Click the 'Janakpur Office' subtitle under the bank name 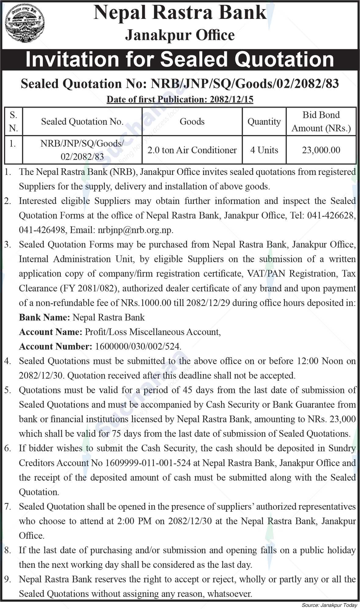pos(180,35)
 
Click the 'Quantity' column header pos(264,122)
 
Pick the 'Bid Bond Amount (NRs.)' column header pos(321,122)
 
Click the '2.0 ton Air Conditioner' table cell pos(192,150)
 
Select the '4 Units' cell pos(264,150)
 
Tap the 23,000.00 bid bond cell pos(321,150)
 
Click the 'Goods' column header pos(192,122)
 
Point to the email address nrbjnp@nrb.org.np pos(135,230)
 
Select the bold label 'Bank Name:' pos(45,317)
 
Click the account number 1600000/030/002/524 pos(138,347)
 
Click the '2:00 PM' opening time pos(135,521)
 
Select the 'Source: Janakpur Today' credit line pos(329,605)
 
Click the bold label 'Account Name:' pos(50,332)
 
